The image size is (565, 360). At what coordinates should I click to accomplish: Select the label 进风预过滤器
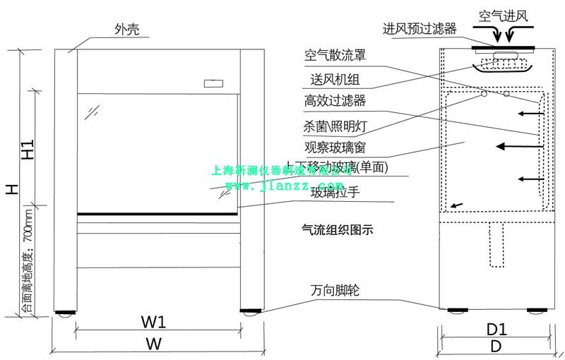pyautogui.click(x=420, y=29)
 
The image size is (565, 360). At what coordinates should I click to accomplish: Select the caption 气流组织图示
pyautogui.click(x=337, y=229)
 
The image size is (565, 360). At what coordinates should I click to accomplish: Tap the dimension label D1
pyautogui.click(x=498, y=329)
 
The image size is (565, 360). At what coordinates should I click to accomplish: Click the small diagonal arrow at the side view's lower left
pyautogui.click(x=458, y=204)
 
